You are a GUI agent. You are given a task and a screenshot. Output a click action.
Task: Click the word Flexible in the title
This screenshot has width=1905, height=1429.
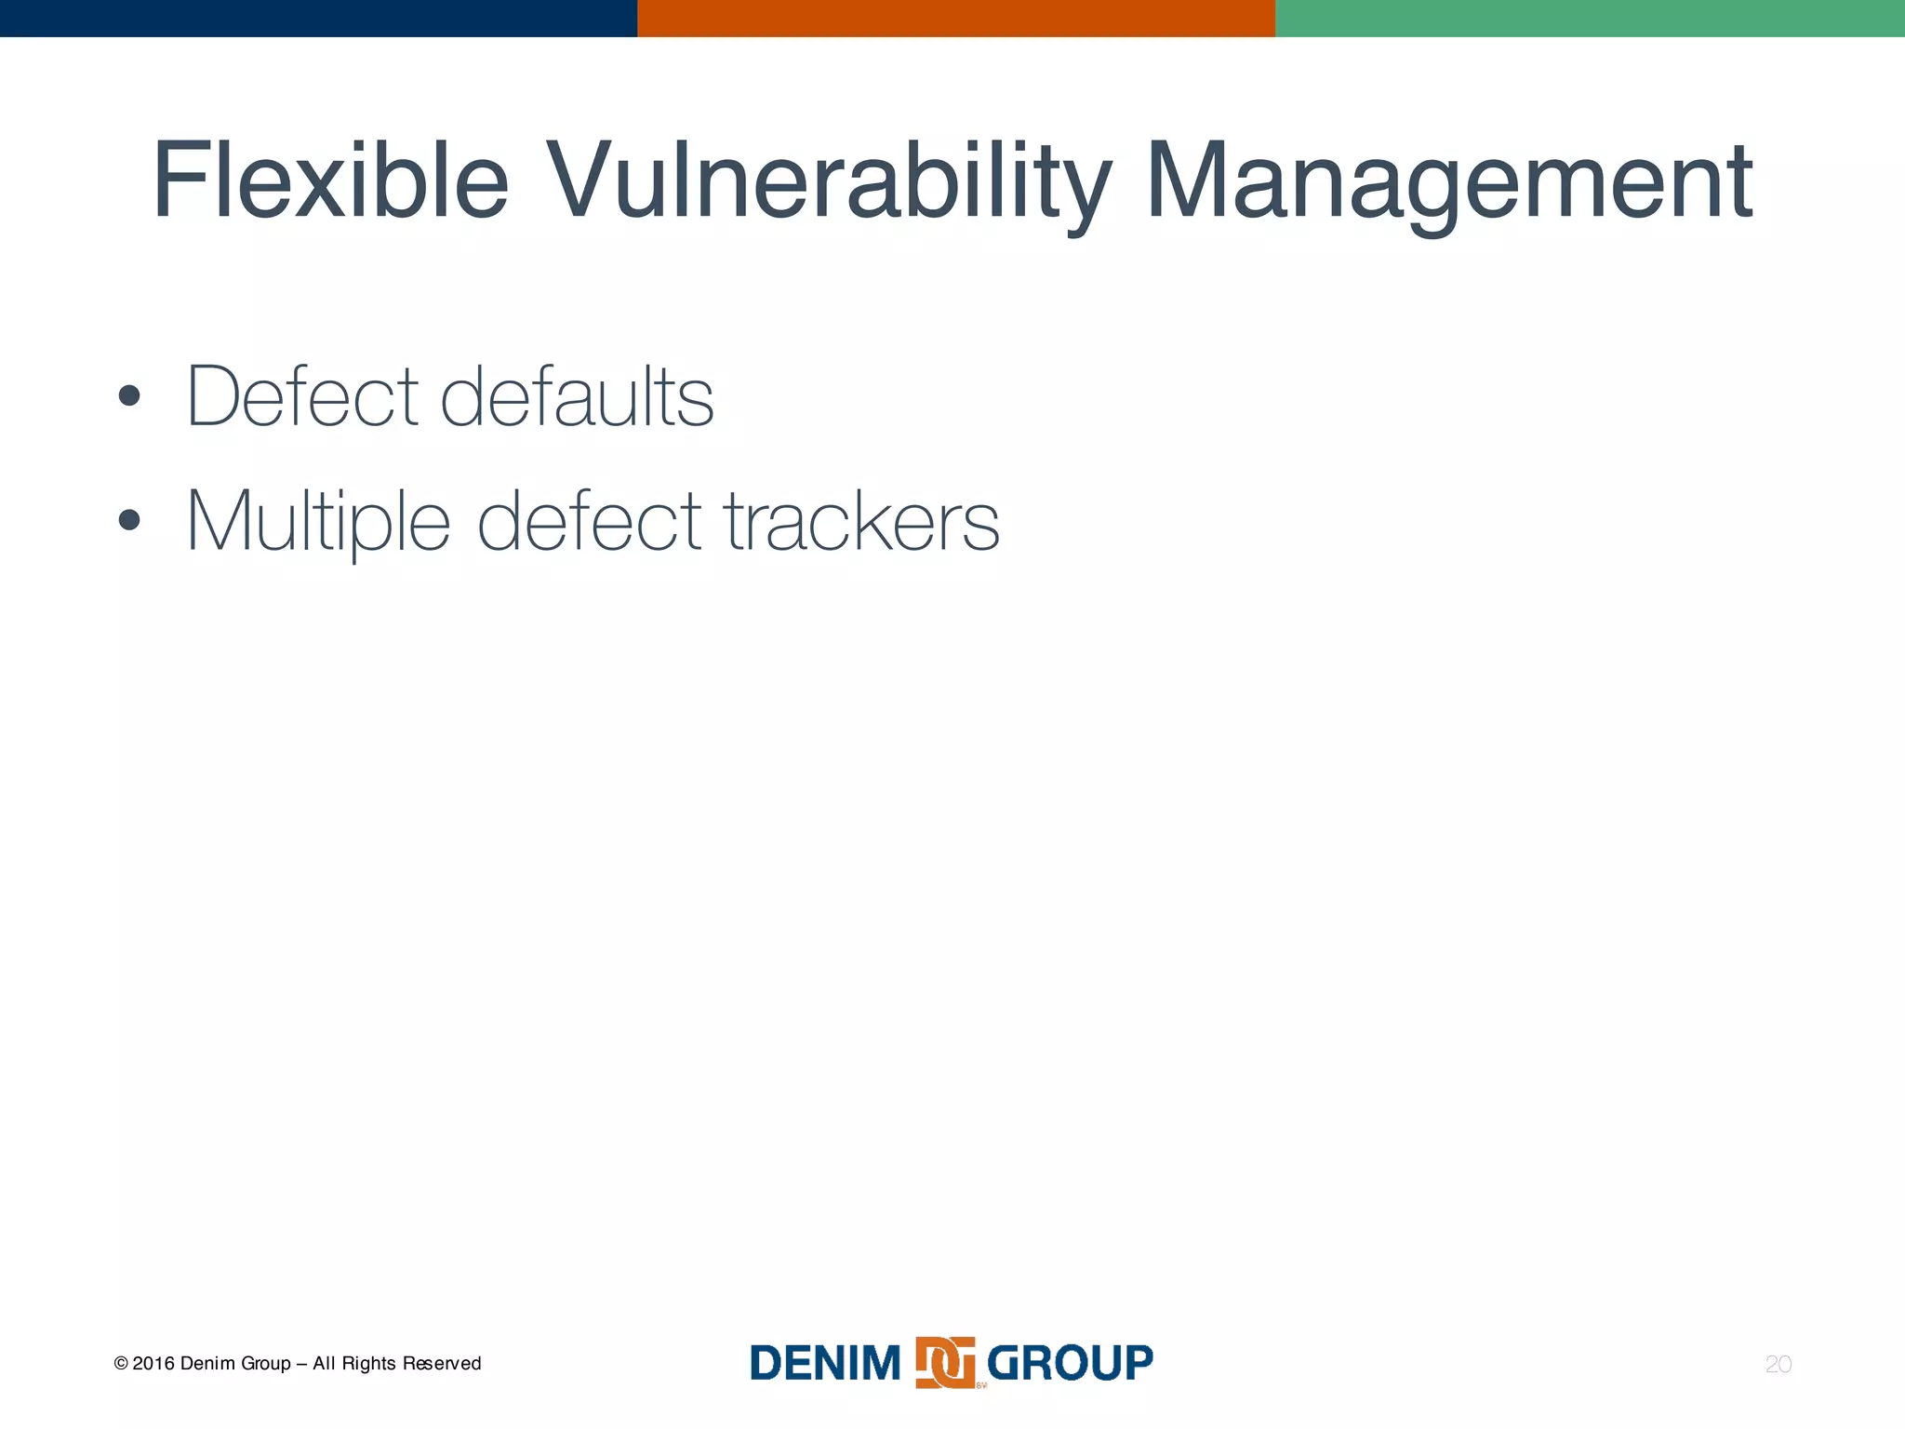(x=330, y=180)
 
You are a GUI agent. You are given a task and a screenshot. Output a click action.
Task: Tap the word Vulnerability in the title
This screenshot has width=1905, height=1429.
(x=827, y=180)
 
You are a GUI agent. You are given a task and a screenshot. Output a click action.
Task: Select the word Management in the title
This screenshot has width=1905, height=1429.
(x=1448, y=180)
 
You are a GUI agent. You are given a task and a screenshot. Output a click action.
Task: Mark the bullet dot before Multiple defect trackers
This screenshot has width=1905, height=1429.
(x=129, y=520)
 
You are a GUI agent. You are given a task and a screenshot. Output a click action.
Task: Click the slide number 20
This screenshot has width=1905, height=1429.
(x=1778, y=1364)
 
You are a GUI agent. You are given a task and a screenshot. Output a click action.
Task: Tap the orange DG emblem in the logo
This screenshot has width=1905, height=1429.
(x=946, y=1363)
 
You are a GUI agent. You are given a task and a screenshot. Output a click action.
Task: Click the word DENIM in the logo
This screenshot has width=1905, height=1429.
(x=825, y=1364)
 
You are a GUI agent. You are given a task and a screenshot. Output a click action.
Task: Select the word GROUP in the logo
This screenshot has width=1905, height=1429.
(x=1070, y=1364)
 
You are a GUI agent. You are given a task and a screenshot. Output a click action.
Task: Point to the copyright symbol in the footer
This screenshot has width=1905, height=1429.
(x=121, y=1364)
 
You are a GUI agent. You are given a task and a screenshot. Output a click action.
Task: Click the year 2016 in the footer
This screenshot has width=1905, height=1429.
(x=153, y=1364)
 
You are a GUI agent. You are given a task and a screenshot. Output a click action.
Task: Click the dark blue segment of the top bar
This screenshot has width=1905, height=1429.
(x=318, y=18)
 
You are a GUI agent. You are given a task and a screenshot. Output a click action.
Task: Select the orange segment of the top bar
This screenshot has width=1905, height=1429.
(x=956, y=18)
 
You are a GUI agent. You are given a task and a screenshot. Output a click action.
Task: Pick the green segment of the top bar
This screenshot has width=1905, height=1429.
(x=1590, y=18)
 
